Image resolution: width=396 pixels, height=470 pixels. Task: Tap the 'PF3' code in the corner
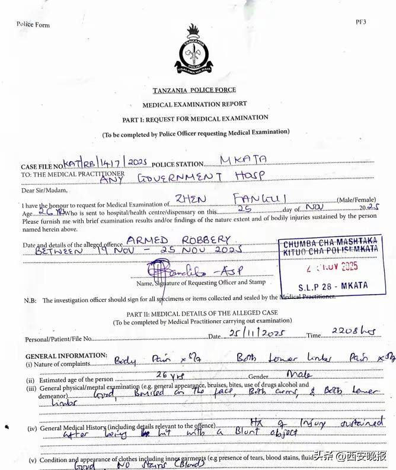click(360, 21)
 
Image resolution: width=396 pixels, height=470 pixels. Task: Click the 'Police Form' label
click(33, 24)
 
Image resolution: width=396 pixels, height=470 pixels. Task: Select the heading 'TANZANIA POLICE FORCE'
click(194, 90)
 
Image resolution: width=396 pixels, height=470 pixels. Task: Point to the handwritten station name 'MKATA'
click(243, 160)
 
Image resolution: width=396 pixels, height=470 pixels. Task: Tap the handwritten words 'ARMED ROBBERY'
click(178, 240)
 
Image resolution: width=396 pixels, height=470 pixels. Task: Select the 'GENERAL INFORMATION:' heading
click(66, 356)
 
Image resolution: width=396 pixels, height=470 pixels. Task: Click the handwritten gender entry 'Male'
click(299, 374)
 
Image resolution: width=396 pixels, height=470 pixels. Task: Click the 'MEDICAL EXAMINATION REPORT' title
click(194, 104)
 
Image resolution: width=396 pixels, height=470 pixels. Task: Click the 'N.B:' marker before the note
click(30, 300)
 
